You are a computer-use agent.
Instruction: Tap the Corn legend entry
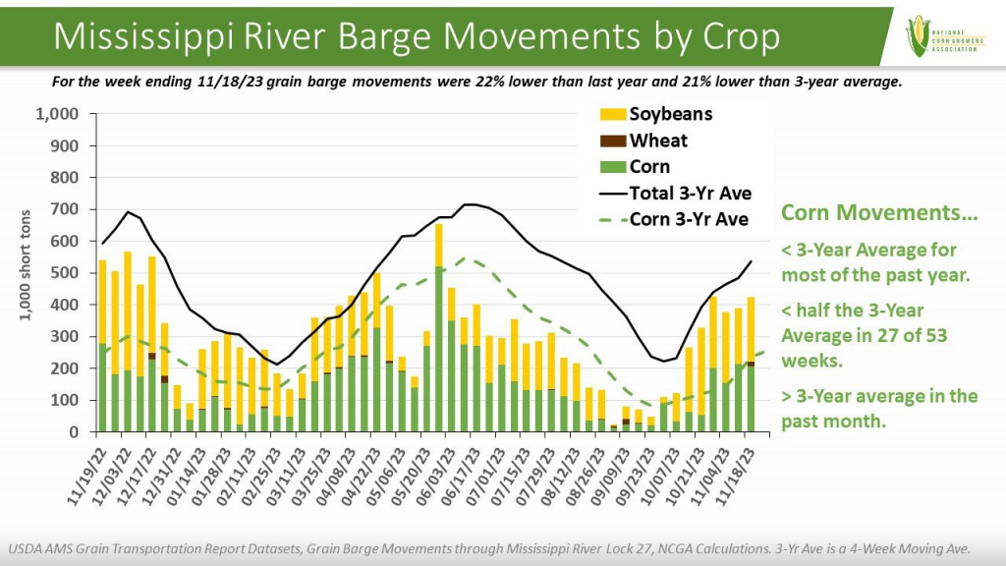click(649, 167)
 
